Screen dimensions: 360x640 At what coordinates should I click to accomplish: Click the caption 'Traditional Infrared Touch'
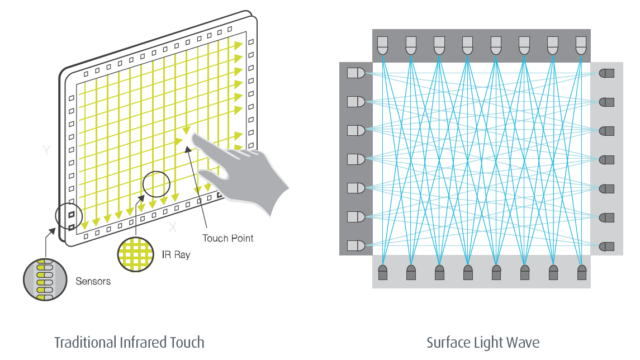click(129, 342)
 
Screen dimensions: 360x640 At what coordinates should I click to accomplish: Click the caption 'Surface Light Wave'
click(482, 342)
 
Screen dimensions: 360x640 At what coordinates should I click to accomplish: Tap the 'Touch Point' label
click(227, 239)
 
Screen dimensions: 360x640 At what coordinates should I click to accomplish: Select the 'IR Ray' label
click(176, 255)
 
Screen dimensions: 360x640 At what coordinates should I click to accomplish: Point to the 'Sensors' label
click(93, 281)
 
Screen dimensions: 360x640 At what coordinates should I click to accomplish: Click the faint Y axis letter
click(47, 150)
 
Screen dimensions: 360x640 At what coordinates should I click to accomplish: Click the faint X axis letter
click(173, 227)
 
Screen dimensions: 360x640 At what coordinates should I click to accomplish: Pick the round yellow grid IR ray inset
click(136, 255)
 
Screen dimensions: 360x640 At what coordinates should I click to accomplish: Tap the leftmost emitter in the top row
click(383, 45)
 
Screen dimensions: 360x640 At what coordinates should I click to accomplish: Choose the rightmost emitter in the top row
click(581, 45)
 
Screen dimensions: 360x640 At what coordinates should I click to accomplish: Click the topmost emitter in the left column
click(355, 73)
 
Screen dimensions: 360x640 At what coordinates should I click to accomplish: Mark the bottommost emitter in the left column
click(355, 245)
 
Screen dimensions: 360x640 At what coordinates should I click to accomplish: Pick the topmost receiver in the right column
click(606, 73)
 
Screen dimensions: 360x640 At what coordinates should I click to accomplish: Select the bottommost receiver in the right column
click(606, 246)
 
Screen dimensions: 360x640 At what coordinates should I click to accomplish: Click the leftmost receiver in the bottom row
click(383, 272)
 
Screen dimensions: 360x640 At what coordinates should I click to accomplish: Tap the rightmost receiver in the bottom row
click(582, 272)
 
